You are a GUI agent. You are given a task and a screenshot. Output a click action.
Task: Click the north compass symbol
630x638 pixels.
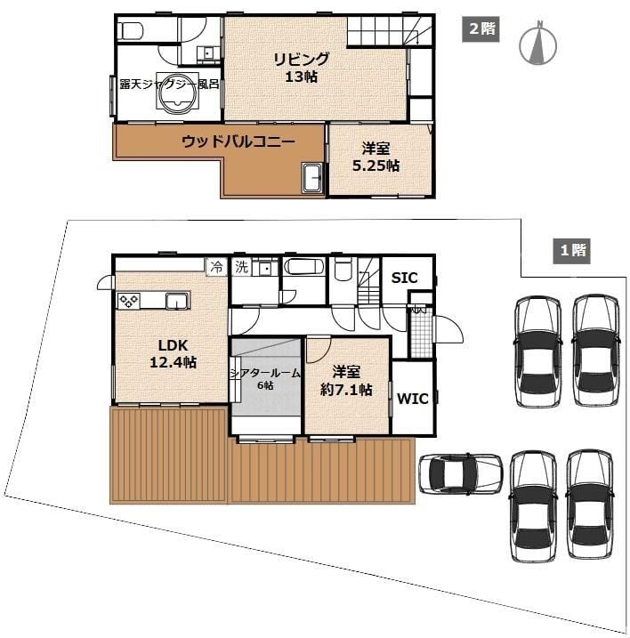[538, 43]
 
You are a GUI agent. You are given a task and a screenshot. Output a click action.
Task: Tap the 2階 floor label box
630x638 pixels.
[481, 29]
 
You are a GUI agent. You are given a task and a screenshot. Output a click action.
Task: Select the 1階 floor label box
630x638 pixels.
[571, 251]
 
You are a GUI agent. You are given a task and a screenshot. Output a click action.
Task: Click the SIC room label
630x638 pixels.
[404, 278]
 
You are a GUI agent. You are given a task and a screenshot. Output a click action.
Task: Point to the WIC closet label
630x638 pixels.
[413, 399]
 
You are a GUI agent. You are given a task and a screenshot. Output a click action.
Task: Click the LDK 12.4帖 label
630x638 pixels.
[174, 353]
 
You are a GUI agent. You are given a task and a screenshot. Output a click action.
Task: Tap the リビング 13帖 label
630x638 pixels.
[301, 68]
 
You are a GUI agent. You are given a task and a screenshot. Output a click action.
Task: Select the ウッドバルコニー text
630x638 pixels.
[238, 141]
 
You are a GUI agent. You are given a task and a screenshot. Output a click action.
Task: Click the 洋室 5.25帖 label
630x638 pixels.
[376, 157]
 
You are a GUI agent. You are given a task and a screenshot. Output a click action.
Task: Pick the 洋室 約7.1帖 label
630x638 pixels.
[346, 381]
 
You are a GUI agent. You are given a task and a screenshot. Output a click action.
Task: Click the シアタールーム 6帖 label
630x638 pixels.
[265, 379]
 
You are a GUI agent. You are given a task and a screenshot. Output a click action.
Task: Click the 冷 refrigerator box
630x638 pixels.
[216, 267]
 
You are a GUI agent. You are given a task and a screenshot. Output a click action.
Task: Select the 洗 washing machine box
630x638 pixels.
[242, 267]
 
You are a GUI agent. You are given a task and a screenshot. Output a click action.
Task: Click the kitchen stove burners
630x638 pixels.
[129, 301]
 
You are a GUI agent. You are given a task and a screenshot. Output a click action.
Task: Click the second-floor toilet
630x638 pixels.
[131, 31]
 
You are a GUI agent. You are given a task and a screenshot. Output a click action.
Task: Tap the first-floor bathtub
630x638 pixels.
[304, 267]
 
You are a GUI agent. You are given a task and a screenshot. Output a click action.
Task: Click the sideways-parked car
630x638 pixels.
[461, 473]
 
